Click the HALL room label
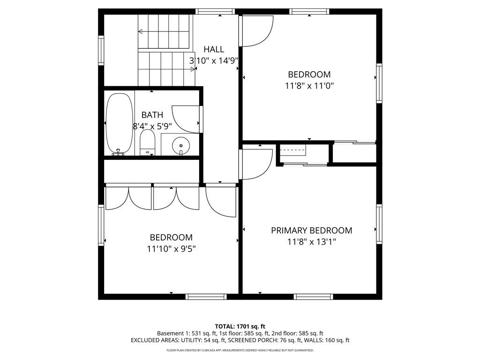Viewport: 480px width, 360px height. pos(214,49)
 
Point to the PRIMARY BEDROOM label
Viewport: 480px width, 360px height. pos(311,231)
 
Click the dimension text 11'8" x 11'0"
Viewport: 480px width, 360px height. pos(309,86)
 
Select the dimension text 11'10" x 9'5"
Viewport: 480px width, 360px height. pos(171,249)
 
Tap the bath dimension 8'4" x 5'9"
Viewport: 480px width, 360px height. pos(153,126)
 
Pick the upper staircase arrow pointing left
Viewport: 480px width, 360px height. pos(141,32)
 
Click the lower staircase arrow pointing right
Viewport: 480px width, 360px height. pos(193,69)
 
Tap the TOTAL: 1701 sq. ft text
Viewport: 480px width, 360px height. pos(240,326)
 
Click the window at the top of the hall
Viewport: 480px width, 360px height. pos(215,12)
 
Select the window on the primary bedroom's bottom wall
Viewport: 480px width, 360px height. pos(314,297)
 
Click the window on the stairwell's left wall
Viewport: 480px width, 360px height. pos(101,50)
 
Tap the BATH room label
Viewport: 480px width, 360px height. pos(152,115)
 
